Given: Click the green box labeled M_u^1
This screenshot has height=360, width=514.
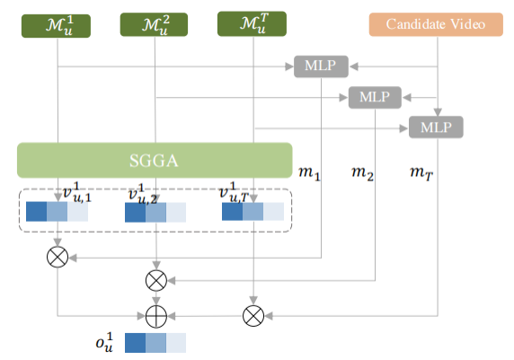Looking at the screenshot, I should click(58, 24).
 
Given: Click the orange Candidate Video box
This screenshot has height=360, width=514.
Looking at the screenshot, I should click(437, 24).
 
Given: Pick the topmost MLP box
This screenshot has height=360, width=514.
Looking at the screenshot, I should click(321, 66).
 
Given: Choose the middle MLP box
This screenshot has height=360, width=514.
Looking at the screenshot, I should click(375, 97).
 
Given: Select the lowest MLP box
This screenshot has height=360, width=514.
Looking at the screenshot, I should click(436, 127).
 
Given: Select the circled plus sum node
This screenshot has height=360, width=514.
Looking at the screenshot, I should click(156, 315).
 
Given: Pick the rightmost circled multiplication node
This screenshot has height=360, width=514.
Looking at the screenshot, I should click(253, 315).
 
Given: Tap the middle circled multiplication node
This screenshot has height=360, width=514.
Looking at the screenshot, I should click(156, 281).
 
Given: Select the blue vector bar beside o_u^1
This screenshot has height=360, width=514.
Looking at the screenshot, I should click(155, 343).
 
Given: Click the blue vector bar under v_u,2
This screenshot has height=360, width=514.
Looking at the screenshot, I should click(155, 213).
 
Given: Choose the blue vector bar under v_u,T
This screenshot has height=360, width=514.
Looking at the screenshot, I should click(253, 212).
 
